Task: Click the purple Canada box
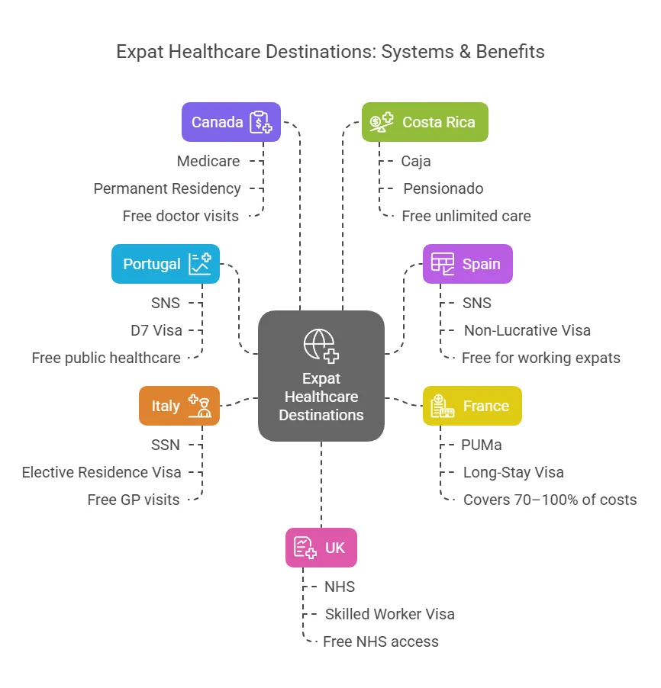[231, 122]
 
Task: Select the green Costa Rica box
[424, 122]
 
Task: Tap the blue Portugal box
[165, 264]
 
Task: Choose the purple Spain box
[467, 264]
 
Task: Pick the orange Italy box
[179, 406]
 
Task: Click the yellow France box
[472, 406]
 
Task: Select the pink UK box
[321, 548]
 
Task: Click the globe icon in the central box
[321, 345]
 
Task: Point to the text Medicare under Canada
[208, 161]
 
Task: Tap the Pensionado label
[443, 188]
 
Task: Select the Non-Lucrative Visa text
[527, 330]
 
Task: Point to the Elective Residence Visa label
[102, 472]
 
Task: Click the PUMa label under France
[482, 445]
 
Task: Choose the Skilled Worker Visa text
[389, 614]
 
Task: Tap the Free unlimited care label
[466, 216]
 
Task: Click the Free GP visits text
[134, 500]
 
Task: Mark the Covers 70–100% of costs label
[550, 500]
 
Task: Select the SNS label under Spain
[476, 303]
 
